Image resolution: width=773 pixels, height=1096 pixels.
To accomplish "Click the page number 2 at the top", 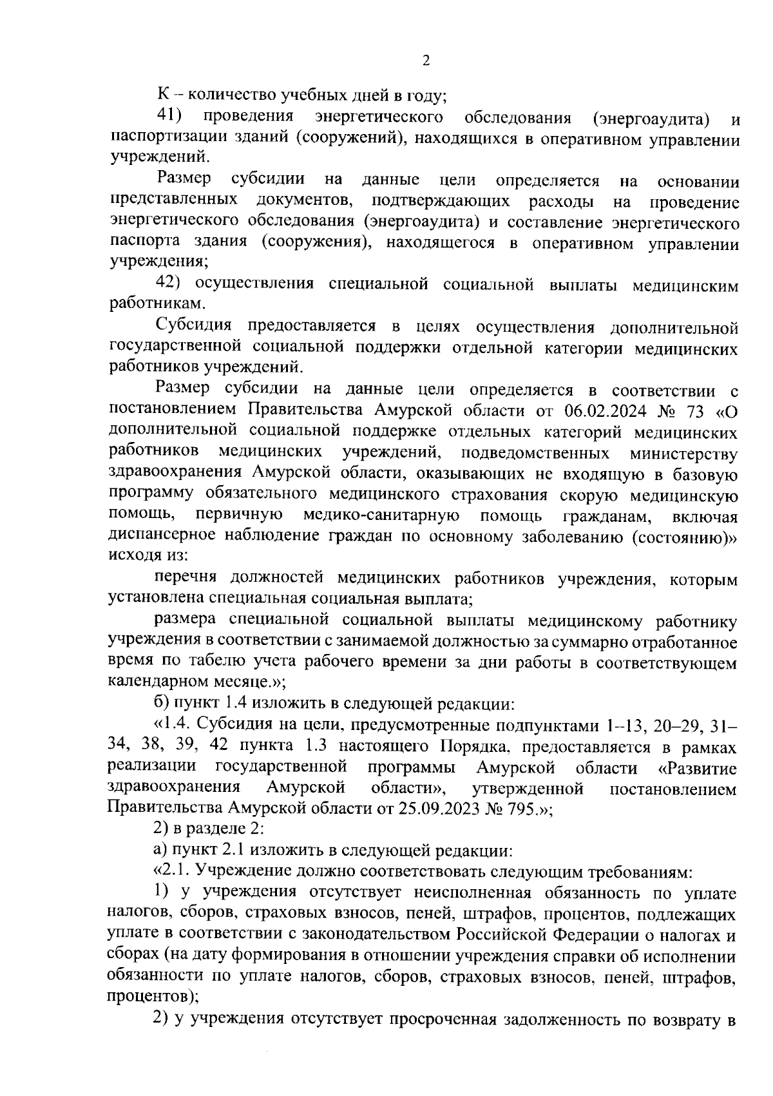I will pyautogui.click(x=425, y=61).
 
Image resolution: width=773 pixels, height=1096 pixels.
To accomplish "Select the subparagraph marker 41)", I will pyautogui.click(x=169, y=117).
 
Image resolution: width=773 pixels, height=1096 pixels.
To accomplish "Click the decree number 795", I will pyautogui.click(x=519, y=809).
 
